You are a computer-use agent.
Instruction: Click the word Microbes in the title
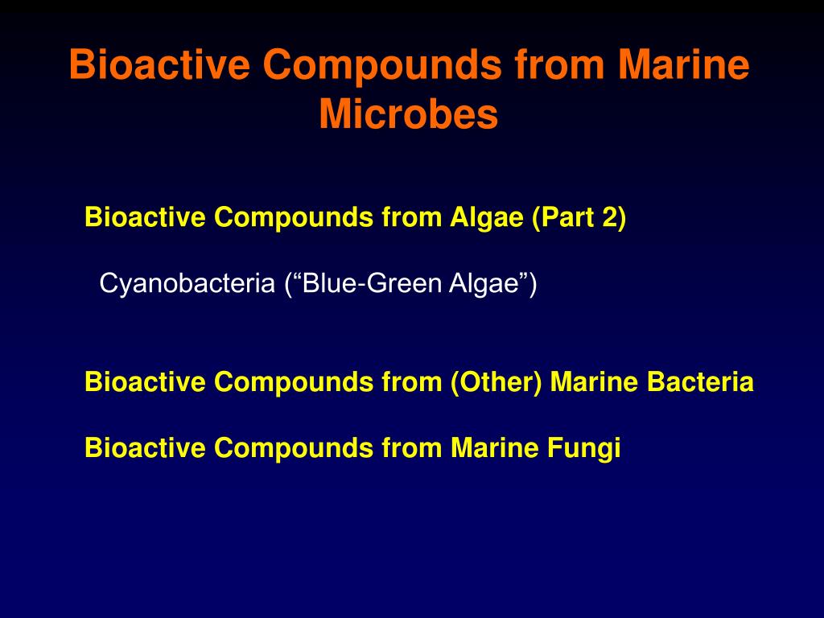(x=408, y=114)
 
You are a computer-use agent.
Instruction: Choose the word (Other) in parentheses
(x=496, y=382)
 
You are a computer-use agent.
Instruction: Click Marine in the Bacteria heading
(x=594, y=381)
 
